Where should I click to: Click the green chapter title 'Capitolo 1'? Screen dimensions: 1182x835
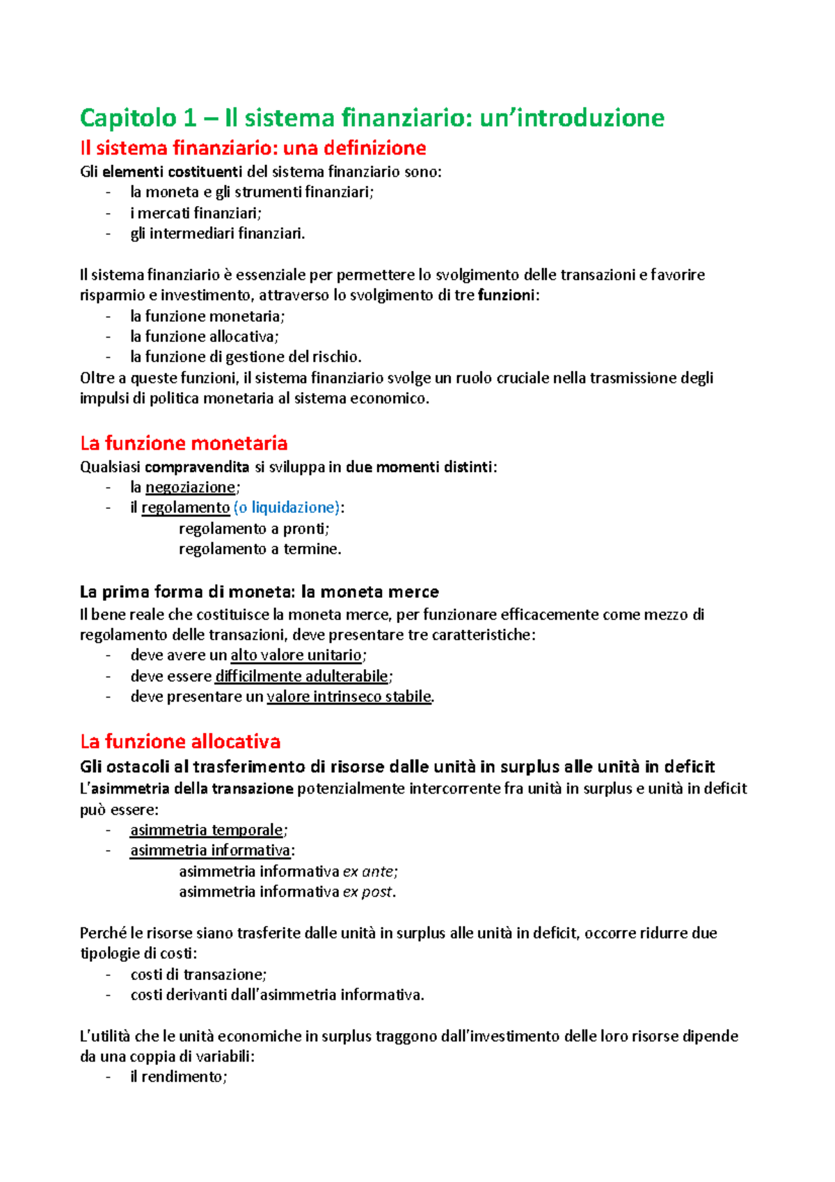(x=128, y=118)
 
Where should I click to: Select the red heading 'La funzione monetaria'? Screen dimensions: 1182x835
(x=184, y=443)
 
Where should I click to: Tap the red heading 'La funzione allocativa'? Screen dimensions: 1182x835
(x=180, y=741)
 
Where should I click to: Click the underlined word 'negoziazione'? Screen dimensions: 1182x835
(x=190, y=487)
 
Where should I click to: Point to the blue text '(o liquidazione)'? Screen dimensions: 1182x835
(x=286, y=507)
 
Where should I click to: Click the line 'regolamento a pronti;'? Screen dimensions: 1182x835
(x=254, y=528)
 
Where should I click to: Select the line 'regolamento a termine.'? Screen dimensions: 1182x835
(x=260, y=549)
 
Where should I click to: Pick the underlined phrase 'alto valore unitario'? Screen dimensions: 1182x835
(x=296, y=656)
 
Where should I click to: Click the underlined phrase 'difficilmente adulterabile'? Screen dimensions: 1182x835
(x=301, y=677)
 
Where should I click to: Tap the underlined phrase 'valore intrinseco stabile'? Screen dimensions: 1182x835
(x=349, y=697)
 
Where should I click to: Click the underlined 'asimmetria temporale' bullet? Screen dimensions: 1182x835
(x=206, y=830)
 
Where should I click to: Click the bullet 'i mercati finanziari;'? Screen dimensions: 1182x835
(x=196, y=213)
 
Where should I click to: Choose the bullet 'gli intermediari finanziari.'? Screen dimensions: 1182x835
(x=217, y=234)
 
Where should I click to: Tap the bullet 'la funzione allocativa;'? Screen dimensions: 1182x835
(x=204, y=337)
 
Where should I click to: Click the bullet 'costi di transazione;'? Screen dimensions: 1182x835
(x=198, y=975)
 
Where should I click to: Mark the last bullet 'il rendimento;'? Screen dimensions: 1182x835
(x=178, y=1077)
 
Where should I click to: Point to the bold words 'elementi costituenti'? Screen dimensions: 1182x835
(x=172, y=172)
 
